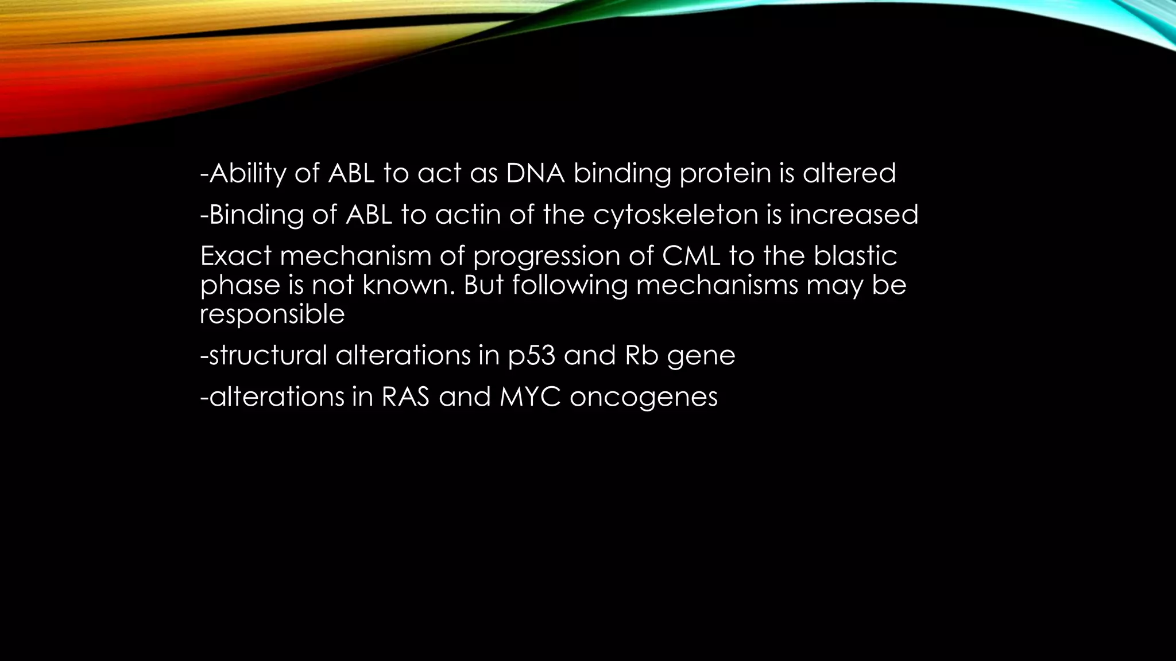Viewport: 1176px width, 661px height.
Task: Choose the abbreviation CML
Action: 691,256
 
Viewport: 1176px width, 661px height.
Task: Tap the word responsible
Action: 272,314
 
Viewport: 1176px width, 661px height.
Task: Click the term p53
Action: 532,356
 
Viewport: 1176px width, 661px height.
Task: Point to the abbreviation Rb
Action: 641,355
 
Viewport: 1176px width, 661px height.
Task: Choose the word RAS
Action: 405,396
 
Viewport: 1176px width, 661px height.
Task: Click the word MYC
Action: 529,396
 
